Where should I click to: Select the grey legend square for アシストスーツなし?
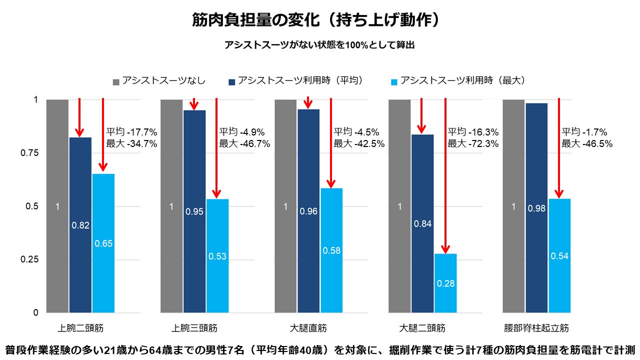[116, 81]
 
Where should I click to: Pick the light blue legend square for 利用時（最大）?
[394, 81]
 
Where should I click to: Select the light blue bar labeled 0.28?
[445, 283]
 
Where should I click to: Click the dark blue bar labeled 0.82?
[80, 225]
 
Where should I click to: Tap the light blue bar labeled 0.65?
[103, 243]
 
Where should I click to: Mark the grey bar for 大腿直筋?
[285, 206]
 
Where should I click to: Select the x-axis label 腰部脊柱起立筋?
[536, 328]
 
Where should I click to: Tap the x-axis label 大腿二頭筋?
[422, 328]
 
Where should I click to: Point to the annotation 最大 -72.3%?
[472, 144]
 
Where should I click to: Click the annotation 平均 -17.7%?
[132, 132]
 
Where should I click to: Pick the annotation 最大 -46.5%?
[587, 144]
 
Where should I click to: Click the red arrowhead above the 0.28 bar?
[445, 249]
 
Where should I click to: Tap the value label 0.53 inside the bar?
[217, 256]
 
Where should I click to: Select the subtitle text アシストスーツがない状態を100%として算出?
[320, 45]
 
